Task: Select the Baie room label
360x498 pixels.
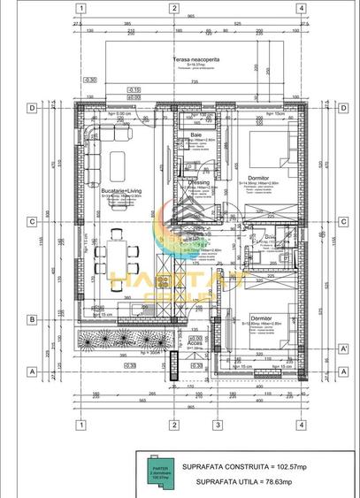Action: click(x=195, y=134)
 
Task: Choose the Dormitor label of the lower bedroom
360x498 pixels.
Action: click(x=260, y=317)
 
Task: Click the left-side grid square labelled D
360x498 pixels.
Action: click(x=32, y=108)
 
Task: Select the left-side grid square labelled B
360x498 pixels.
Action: click(x=32, y=319)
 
